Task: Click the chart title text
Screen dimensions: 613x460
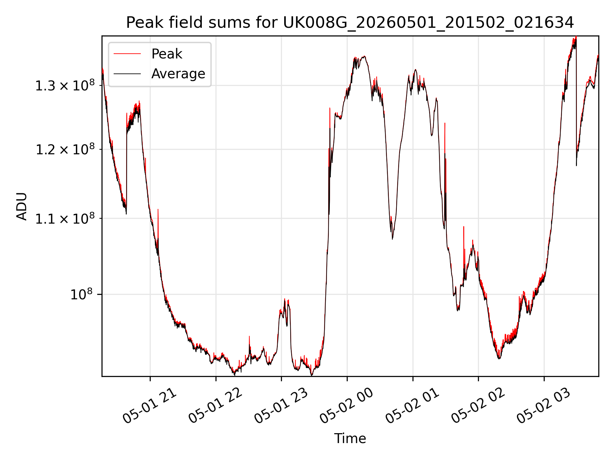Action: (x=350, y=23)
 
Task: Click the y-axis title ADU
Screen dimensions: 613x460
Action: (x=22, y=206)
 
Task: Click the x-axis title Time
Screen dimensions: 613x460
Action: (x=350, y=438)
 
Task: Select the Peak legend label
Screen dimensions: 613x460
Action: (x=167, y=54)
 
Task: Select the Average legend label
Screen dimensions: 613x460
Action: (x=178, y=74)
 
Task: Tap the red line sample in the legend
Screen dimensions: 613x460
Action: (x=127, y=54)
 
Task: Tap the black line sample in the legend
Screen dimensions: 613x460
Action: (x=127, y=74)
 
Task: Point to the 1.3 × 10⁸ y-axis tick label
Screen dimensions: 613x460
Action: (x=65, y=85)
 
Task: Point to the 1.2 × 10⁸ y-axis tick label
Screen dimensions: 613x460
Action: (x=65, y=149)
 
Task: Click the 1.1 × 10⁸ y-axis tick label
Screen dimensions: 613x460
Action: (x=65, y=218)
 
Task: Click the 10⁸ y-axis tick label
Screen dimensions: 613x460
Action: (x=81, y=294)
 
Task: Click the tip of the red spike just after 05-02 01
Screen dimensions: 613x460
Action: (x=445, y=123)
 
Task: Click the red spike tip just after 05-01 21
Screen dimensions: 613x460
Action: (x=158, y=209)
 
